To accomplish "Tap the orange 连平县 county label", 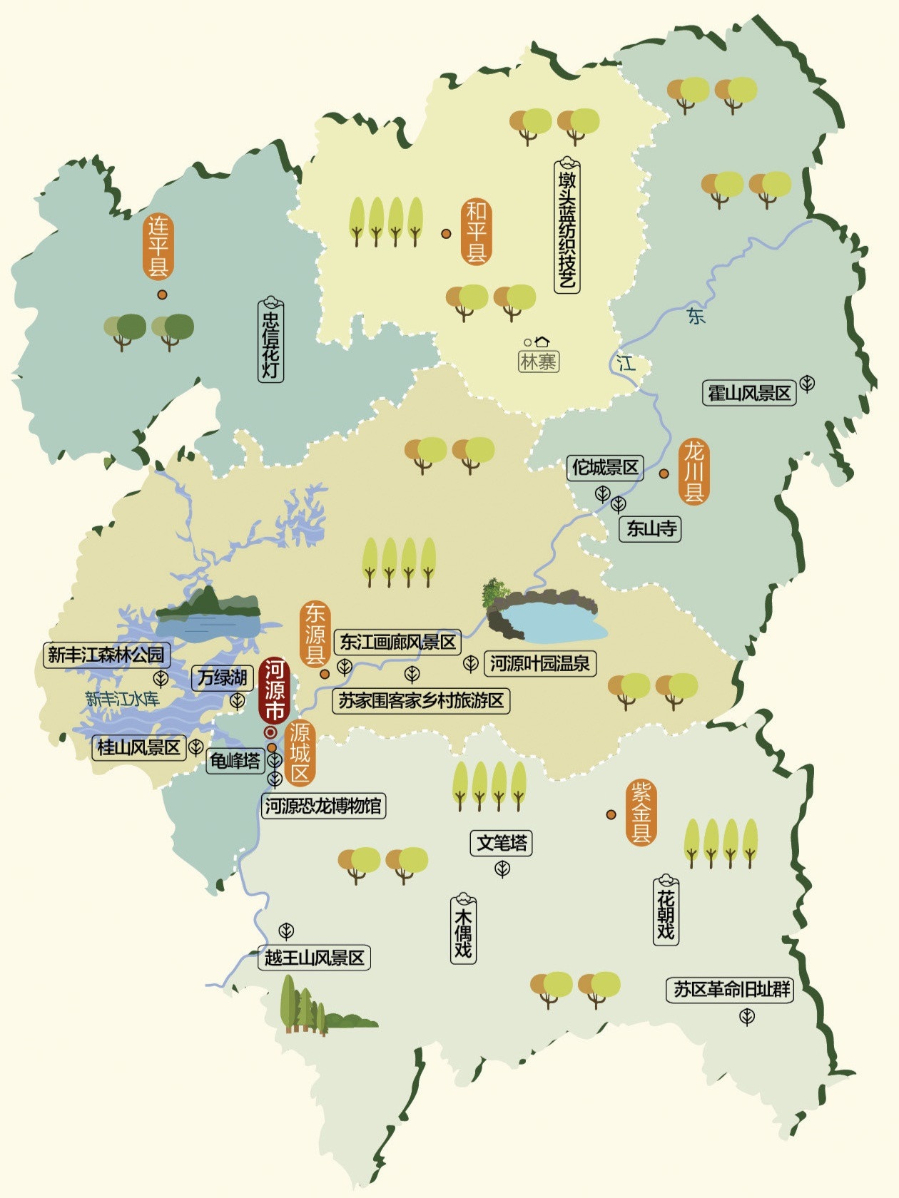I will pyautogui.click(x=158, y=247).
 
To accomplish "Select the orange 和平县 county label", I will pyautogui.click(x=476, y=232).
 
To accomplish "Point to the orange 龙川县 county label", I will pyautogui.click(x=694, y=471).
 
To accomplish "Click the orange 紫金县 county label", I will pyautogui.click(x=641, y=812).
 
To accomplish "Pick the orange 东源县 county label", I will pyautogui.click(x=315, y=634).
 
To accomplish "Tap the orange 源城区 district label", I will pyautogui.click(x=300, y=752).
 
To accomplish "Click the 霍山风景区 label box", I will pyautogui.click(x=749, y=393).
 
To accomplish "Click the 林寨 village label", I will pyautogui.click(x=538, y=362).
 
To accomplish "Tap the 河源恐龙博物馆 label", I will pyautogui.click(x=323, y=807).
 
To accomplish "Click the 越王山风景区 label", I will pyautogui.click(x=315, y=958).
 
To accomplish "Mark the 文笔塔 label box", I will pyautogui.click(x=502, y=844).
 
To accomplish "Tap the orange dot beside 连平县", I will pyautogui.click(x=163, y=294).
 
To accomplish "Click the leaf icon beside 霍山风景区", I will pyautogui.click(x=807, y=384).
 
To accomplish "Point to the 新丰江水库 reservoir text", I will pyautogui.click(x=122, y=699).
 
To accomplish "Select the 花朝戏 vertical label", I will pyautogui.click(x=665, y=913).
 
